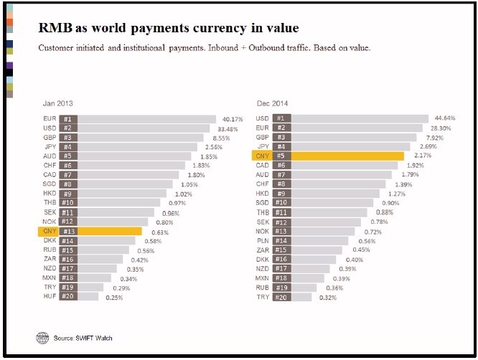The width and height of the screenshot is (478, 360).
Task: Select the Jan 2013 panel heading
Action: [57, 103]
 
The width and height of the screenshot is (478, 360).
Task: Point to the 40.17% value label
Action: [233, 118]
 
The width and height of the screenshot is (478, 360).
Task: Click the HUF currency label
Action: [50, 296]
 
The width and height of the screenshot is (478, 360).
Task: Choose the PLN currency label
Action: [263, 240]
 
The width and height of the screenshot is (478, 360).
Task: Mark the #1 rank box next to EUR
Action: [67, 118]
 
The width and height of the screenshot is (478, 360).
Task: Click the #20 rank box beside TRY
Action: [281, 296]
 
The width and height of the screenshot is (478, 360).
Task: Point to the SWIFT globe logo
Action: [42, 337]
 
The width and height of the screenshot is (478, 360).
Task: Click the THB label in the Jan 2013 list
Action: [50, 203]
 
